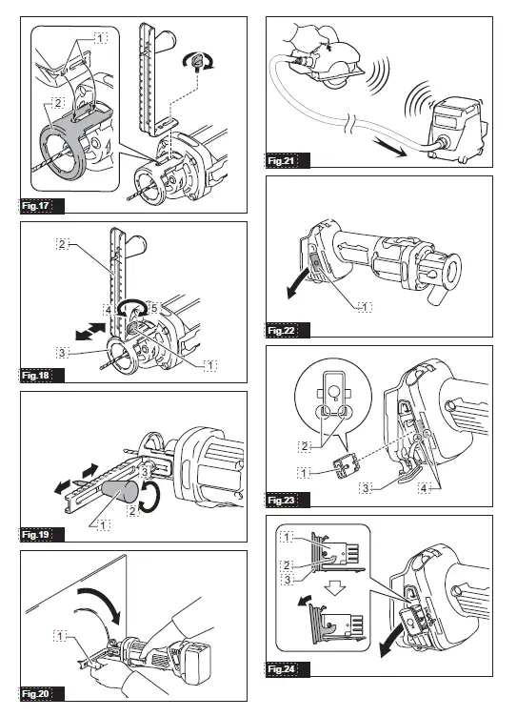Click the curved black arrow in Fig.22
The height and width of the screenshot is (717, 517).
(x=298, y=285)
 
